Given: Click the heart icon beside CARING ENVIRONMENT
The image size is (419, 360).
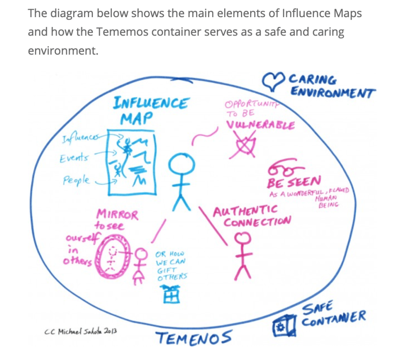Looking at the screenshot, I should [x=273, y=81].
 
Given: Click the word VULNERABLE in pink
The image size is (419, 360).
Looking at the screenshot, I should [x=260, y=125].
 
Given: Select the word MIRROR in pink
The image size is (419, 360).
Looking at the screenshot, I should [x=117, y=214].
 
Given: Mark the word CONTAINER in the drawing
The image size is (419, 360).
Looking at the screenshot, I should [x=333, y=319].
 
